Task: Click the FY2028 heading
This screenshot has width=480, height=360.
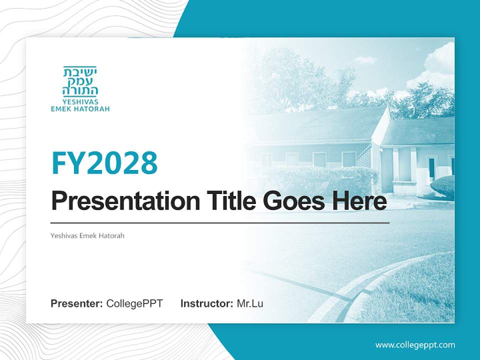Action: tap(104, 162)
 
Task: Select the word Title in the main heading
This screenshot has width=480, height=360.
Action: tap(229, 201)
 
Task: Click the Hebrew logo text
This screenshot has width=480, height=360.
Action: tap(80, 81)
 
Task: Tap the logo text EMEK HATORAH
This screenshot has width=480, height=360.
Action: tap(80, 108)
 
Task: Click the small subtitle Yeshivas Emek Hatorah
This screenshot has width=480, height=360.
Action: tap(87, 235)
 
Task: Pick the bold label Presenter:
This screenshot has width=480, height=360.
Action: tap(77, 303)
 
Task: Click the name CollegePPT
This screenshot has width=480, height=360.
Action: tap(134, 303)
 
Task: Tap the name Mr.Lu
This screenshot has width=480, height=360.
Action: tap(250, 303)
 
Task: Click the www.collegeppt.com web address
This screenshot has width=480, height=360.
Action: tap(415, 344)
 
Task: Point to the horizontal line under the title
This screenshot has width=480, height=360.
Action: tap(220, 222)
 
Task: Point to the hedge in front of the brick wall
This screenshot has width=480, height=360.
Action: tap(320, 177)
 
